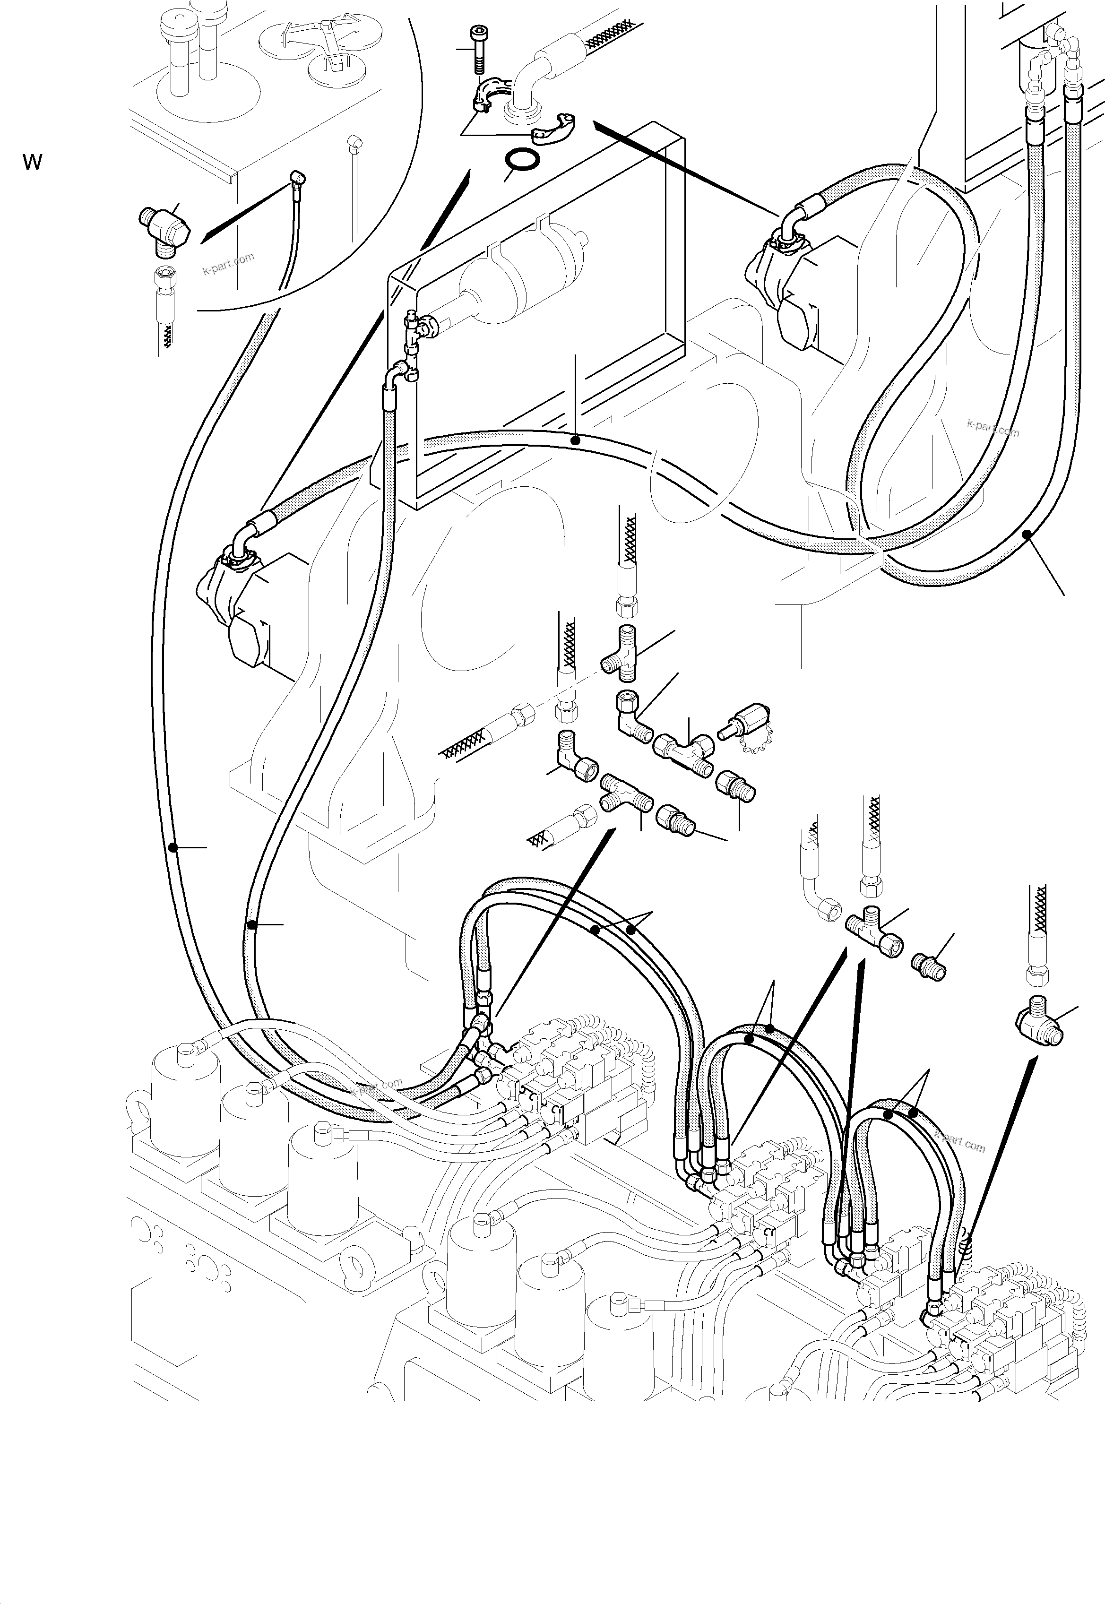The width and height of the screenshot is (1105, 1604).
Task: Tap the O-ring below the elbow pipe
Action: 523,161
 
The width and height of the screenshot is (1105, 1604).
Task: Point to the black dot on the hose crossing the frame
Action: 575,440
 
